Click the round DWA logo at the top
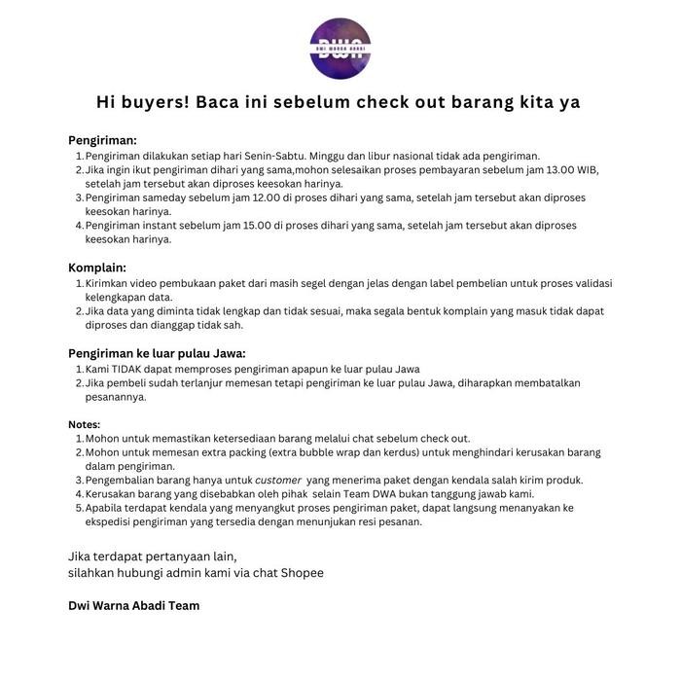(x=340, y=47)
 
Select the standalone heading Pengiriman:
(x=102, y=140)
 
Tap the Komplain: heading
(x=97, y=268)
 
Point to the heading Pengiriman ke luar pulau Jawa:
(x=157, y=353)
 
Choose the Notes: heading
(x=84, y=425)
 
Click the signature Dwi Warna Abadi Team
(x=134, y=605)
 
